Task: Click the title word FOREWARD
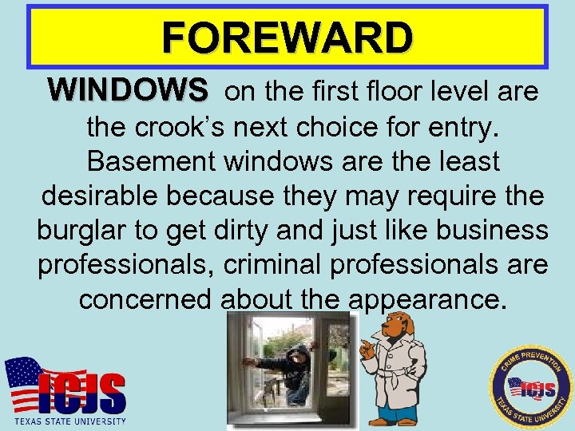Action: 287,37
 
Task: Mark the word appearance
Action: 427,299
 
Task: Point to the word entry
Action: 460,126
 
